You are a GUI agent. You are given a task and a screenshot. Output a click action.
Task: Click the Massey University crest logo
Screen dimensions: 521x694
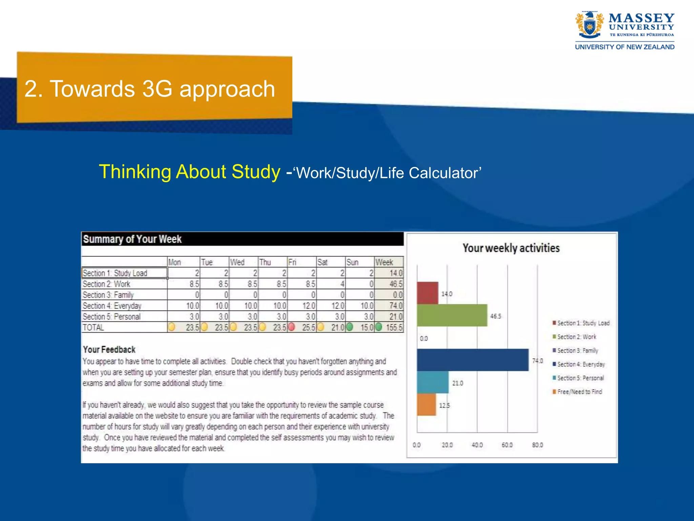[590, 25]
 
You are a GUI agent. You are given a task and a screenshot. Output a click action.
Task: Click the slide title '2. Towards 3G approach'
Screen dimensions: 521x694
[149, 89]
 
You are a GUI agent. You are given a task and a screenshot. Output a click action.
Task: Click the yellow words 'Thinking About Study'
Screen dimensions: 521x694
[189, 172]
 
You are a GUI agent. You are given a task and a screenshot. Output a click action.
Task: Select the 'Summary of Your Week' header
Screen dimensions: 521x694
[132, 239]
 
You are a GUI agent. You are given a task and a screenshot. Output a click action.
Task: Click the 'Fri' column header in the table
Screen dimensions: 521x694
[292, 262]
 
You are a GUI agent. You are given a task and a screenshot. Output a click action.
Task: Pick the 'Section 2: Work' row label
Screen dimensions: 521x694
[106, 284]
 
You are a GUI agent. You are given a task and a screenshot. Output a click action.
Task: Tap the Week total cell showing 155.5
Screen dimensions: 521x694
[394, 327]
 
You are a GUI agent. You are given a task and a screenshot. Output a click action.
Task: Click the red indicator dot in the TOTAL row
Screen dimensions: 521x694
[291, 327]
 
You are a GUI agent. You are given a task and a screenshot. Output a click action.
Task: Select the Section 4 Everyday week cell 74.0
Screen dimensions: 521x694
[395, 306]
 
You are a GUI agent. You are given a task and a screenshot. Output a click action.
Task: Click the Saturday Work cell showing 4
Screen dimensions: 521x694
[342, 284]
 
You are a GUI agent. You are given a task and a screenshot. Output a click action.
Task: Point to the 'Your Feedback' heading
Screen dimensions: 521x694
[109, 349]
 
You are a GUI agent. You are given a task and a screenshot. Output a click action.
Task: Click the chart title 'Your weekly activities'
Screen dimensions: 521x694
[511, 248]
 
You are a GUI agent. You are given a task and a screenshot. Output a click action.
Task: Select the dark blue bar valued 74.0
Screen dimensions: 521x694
[472, 360]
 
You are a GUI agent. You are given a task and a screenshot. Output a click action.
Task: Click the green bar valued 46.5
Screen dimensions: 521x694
[452, 315]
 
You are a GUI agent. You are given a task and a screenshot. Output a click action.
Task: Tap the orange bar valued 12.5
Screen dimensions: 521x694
[426, 405]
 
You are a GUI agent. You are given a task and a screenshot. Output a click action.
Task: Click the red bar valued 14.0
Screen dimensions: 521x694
[427, 293]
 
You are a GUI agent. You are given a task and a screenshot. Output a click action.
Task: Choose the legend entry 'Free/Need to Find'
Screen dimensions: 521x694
[579, 392]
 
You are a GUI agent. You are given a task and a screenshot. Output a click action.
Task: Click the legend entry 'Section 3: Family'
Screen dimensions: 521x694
[577, 350]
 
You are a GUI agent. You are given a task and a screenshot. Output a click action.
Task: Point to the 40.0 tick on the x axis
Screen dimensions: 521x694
[477, 445]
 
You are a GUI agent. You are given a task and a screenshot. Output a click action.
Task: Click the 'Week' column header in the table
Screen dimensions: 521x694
[384, 262]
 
